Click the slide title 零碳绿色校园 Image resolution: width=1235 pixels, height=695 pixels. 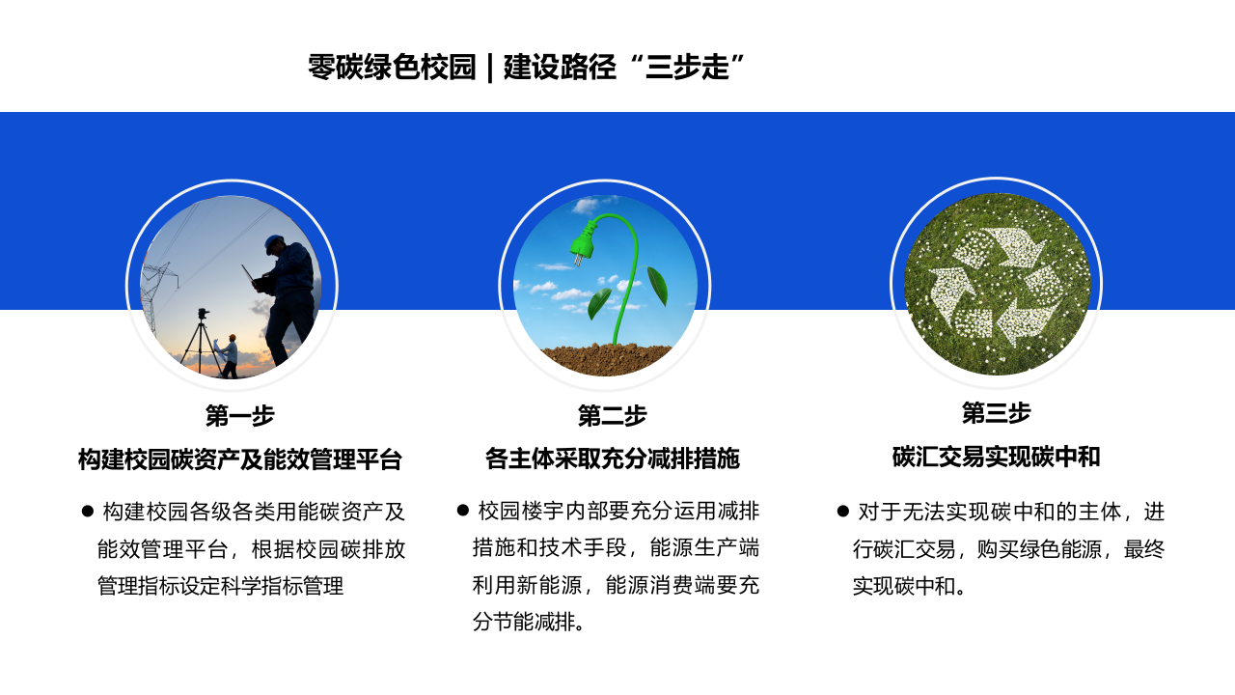[x=392, y=68]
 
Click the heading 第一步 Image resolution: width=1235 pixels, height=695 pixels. [x=239, y=416]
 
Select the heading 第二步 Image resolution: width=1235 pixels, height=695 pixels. [x=612, y=416]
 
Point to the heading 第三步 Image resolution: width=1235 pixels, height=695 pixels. [x=996, y=413]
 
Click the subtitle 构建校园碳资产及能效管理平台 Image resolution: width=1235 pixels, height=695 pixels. [x=239, y=459]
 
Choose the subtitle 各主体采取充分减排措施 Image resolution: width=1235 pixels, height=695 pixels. [x=612, y=459]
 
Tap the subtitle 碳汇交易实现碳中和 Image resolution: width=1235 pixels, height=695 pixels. [x=996, y=457]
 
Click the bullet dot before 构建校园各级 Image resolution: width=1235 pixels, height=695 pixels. [x=87, y=511]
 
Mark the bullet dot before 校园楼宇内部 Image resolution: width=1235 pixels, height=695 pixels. [x=462, y=510]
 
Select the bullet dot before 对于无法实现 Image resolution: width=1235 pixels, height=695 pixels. [x=842, y=511]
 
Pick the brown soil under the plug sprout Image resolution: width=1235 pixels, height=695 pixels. [x=606, y=360]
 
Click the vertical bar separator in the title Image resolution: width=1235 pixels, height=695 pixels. [x=490, y=68]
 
